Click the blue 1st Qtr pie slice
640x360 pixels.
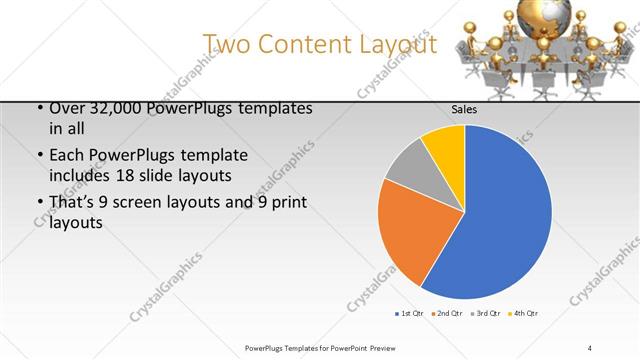click(x=500, y=220)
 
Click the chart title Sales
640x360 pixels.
click(x=464, y=111)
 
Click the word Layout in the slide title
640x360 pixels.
click(x=399, y=44)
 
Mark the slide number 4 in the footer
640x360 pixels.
click(x=590, y=347)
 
